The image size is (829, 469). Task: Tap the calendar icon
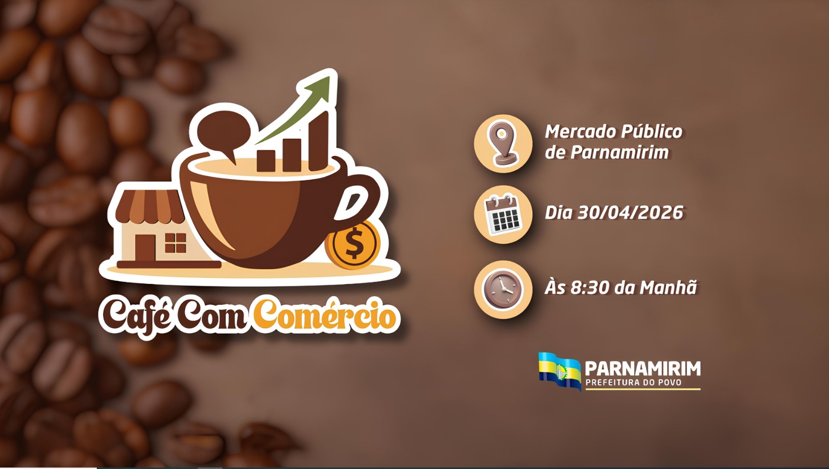[x=503, y=214]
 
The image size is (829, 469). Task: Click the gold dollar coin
[x=353, y=244]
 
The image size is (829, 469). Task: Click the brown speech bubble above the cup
[x=222, y=135]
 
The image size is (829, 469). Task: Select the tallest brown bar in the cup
[x=319, y=141]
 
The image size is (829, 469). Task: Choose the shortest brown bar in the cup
[x=266, y=161]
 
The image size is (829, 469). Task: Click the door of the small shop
[x=145, y=248]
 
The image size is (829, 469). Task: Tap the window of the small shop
[x=175, y=243]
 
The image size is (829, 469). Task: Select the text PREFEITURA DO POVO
[x=634, y=382]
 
